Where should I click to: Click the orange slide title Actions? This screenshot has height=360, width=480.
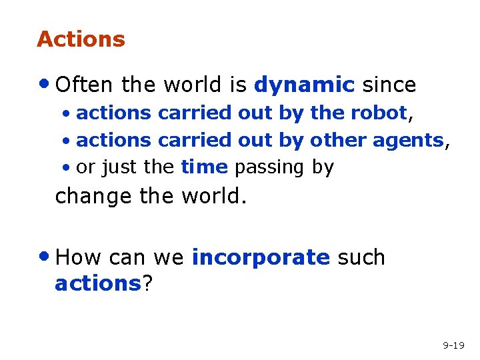(81, 39)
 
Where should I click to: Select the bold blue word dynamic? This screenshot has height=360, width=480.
(304, 85)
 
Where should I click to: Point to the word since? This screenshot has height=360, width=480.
(389, 85)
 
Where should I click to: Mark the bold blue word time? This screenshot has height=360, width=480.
(204, 167)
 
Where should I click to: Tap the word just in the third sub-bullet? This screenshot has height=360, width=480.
(118, 167)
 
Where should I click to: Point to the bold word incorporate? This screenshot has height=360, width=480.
(261, 258)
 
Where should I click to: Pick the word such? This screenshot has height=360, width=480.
(361, 257)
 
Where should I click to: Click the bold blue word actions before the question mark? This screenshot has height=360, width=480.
(97, 284)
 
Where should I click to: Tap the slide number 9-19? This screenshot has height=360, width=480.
(453, 345)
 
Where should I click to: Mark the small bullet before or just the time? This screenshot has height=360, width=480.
(67, 167)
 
